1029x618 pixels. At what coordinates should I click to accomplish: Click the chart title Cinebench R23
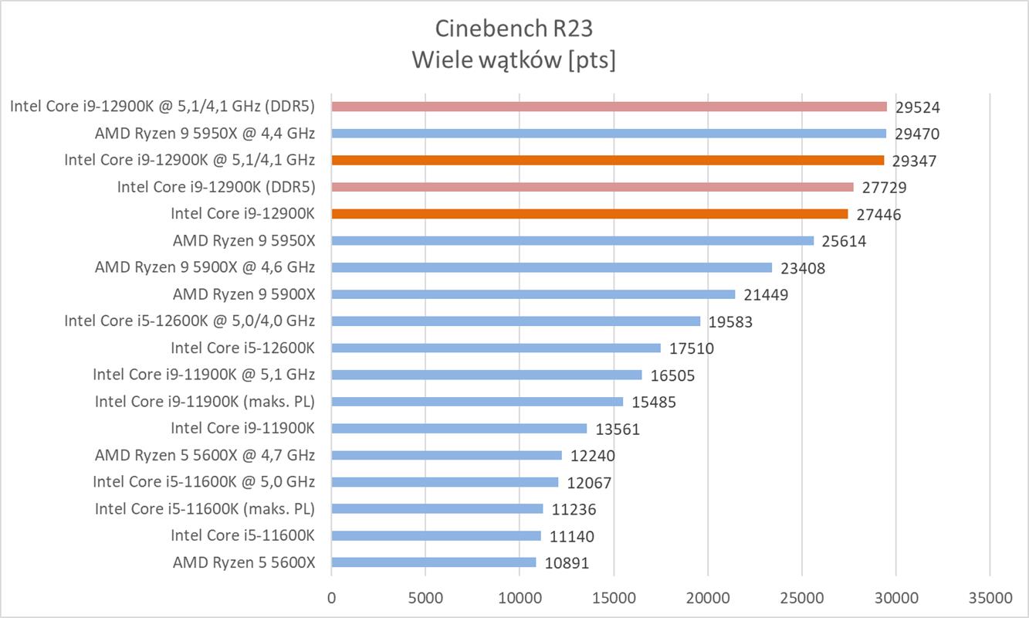[x=514, y=29]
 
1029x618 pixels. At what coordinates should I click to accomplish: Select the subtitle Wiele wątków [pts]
[x=514, y=59]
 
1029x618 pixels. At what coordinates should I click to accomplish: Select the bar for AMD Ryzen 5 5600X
[x=433, y=562]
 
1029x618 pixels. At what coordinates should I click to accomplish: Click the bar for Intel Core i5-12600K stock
[x=496, y=348]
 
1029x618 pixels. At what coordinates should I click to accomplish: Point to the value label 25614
[x=844, y=242]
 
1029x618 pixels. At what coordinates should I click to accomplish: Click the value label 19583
[x=730, y=322]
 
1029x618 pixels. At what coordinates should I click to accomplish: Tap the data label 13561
[x=618, y=430]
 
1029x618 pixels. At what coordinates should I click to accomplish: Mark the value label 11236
[x=574, y=510]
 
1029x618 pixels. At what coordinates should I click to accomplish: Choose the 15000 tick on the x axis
[x=614, y=598]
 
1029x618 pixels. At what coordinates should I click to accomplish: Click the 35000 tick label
[x=990, y=598]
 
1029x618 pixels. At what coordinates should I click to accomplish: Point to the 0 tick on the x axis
[x=331, y=598]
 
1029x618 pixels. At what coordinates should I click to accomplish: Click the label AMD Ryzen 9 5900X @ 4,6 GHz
[x=205, y=267]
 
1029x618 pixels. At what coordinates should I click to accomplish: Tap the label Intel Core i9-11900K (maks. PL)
[x=205, y=402]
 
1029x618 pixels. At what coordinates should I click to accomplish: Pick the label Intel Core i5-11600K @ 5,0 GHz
[x=204, y=482]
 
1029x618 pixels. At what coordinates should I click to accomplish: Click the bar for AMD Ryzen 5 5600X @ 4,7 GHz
[x=446, y=455]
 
